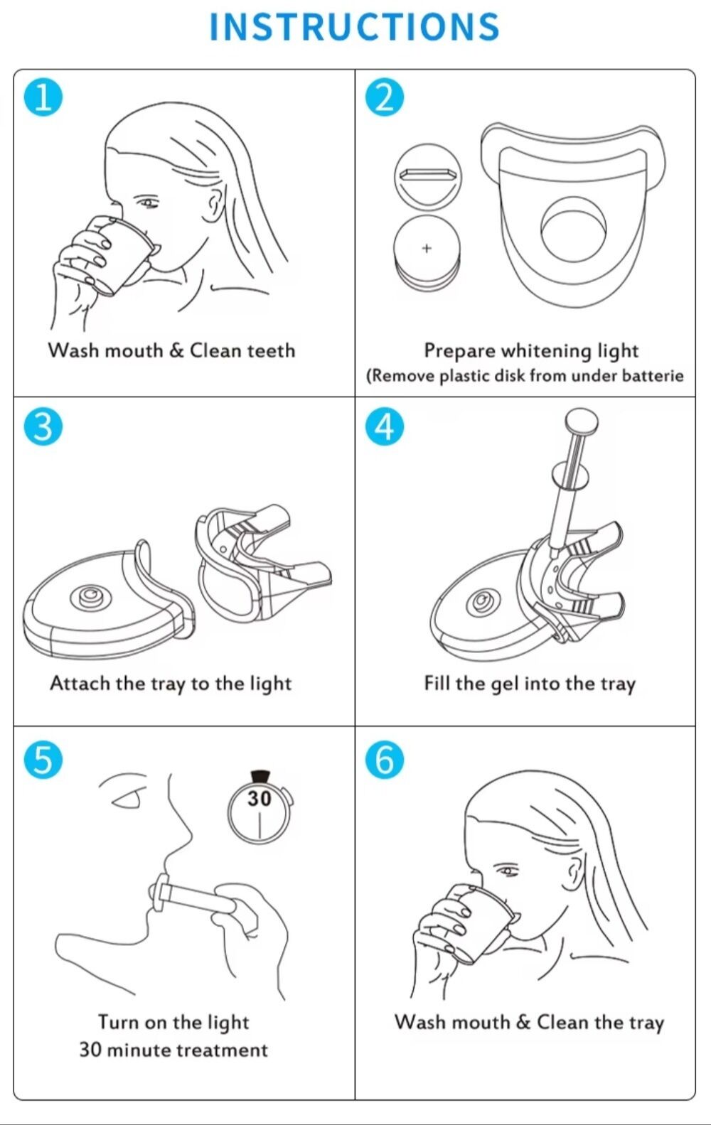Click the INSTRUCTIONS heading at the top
354,26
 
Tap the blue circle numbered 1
43,97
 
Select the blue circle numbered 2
385,97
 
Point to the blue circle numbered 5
43,760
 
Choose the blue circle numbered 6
385,760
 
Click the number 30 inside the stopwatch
260,799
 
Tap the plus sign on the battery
427,248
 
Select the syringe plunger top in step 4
582,420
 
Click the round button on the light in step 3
90,596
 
